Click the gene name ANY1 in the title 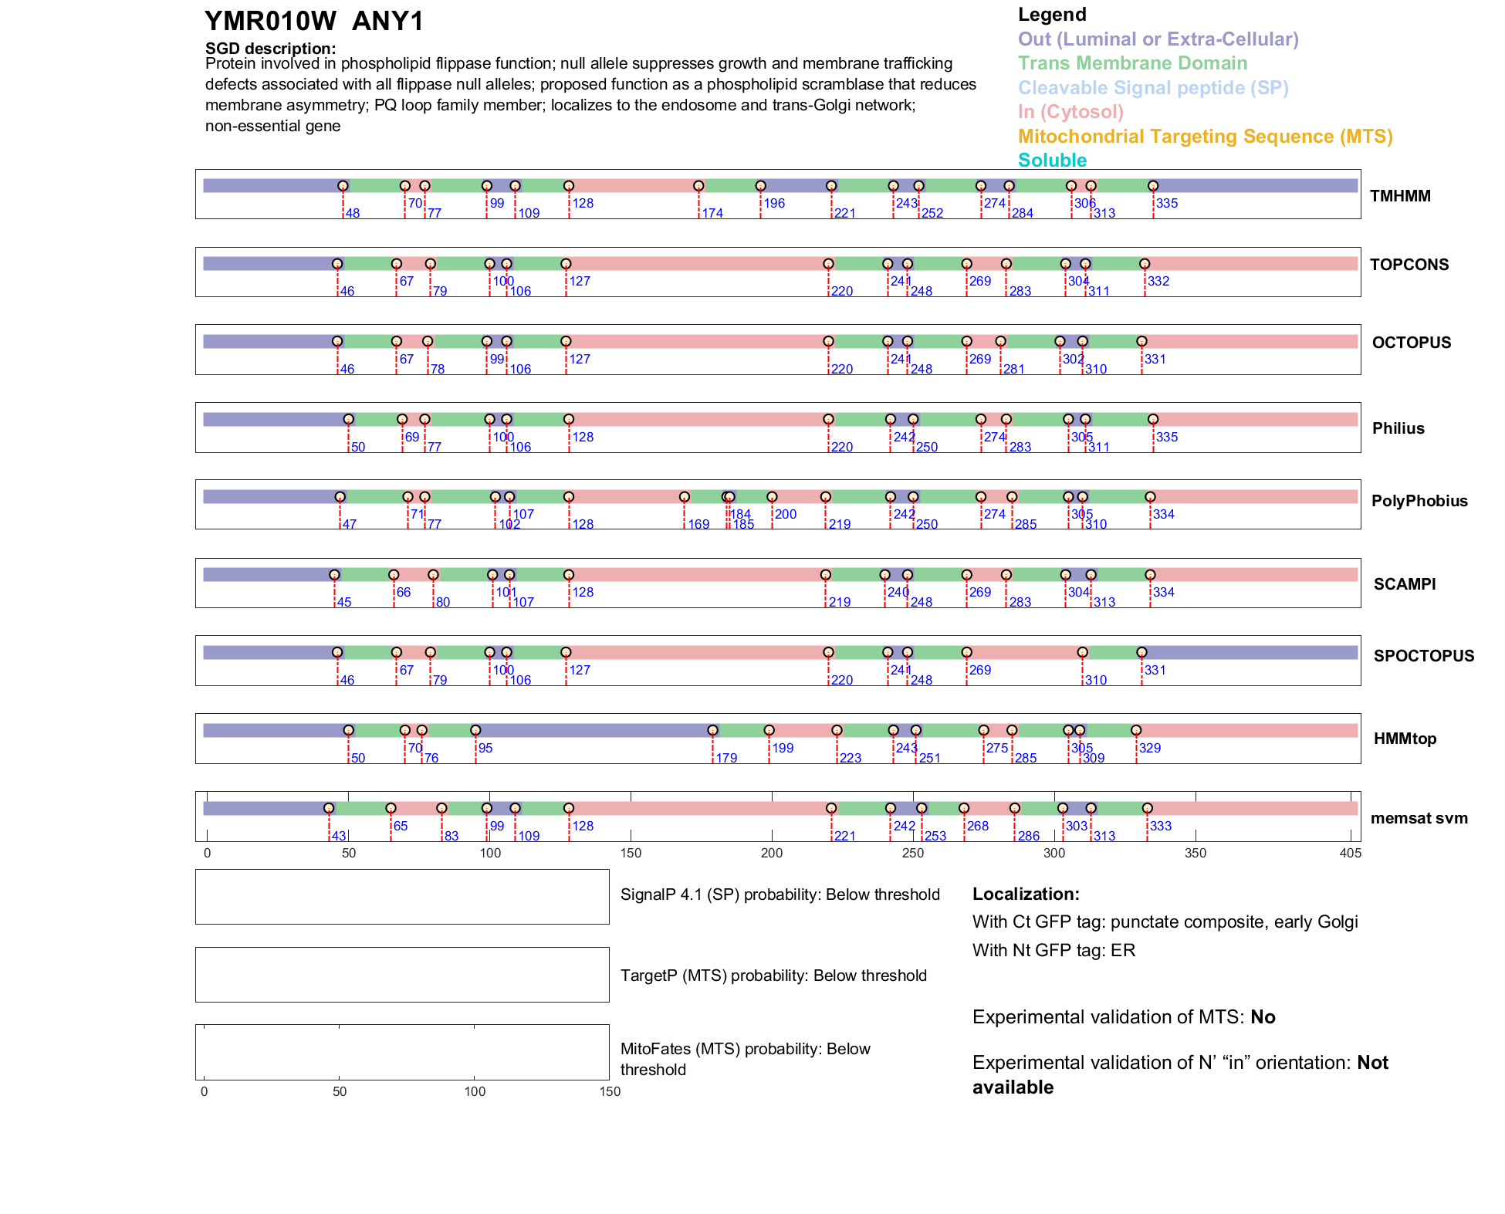point(387,22)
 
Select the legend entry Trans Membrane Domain point(1132,63)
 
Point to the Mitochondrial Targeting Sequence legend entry point(1205,137)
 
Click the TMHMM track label point(1400,196)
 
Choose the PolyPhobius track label point(1419,501)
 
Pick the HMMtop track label point(1405,739)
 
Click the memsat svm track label point(1419,818)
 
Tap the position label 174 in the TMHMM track point(712,214)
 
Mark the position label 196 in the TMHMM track point(774,204)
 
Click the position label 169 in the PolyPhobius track point(698,525)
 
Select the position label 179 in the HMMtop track point(726,759)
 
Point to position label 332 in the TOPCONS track point(1158,282)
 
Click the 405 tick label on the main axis point(1351,853)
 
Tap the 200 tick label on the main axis point(772,853)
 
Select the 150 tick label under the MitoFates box point(610,1091)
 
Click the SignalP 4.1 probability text point(780,894)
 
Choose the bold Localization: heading point(1026,894)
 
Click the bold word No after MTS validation point(1263,1017)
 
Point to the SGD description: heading point(270,49)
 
